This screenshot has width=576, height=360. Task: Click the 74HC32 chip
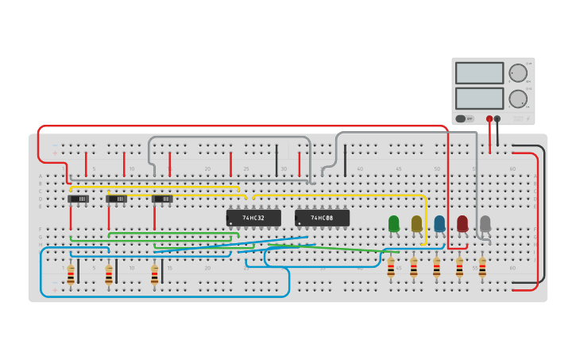(x=253, y=218)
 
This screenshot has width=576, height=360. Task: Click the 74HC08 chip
(x=322, y=218)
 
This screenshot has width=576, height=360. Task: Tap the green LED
(x=393, y=224)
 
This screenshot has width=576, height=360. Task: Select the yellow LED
(x=416, y=224)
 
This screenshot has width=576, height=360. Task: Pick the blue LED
(x=439, y=224)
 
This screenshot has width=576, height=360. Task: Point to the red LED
(x=462, y=224)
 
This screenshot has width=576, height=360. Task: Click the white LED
(x=485, y=224)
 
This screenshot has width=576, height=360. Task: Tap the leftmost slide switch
(x=78, y=199)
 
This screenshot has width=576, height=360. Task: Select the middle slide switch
(x=116, y=199)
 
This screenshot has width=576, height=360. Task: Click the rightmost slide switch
(x=162, y=199)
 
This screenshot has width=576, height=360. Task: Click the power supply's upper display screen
(x=479, y=73)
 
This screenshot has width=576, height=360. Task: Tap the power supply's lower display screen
(x=479, y=98)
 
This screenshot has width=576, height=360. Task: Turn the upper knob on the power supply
(x=517, y=73)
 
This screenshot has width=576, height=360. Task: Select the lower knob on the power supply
(x=517, y=99)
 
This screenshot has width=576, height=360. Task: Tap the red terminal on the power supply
(x=489, y=118)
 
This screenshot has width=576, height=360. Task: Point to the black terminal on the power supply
(x=497, y=118)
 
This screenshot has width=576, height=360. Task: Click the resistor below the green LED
(x=391, y=268)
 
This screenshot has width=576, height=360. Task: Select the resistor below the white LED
(x=482, y=268)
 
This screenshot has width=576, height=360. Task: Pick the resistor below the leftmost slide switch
(x=71, y=275)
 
